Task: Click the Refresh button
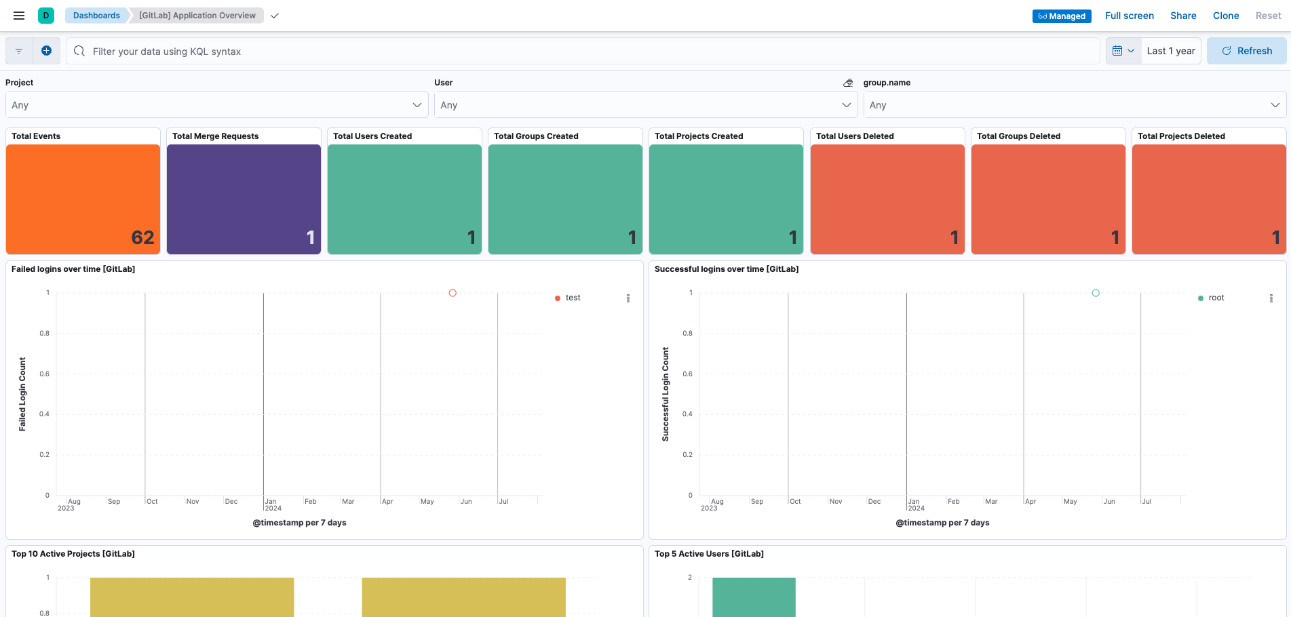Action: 1246,51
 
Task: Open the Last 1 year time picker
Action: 1170,51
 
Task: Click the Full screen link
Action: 1129,16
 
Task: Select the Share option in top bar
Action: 1182,16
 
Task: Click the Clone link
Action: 1225,16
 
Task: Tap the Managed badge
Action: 1061,16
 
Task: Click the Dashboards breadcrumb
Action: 96,16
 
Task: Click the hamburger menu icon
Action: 19,16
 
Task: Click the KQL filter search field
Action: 583,52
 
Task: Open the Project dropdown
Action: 216,105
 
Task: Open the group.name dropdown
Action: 1074,105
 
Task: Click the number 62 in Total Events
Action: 142,237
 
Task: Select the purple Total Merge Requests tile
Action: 244,199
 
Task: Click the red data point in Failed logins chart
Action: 452,293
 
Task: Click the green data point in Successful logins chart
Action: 1096,293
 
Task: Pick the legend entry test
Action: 573,298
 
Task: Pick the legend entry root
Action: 1216,298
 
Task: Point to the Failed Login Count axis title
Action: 22,394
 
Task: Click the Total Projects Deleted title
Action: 1180,136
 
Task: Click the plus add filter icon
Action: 46,51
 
